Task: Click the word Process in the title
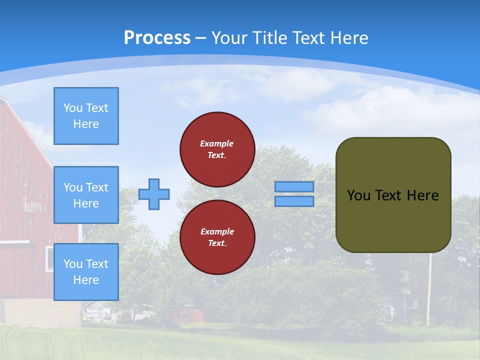(x=157, y=38)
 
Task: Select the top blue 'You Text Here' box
(x=86, y=116)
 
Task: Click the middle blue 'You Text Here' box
(x=86, y=195)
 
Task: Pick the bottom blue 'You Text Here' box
(x=86, y=272)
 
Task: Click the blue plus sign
(x=154, y=194)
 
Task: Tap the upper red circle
(x=217, y=149)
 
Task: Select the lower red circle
(x=217, y=237)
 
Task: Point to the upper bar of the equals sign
(x=294, y=186)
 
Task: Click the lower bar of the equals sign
(x=294, y=201)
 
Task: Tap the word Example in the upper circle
(x=217, y=143)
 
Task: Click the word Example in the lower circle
(x=217, y=231)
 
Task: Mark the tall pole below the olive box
(x=428, y=290)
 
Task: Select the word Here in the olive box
(x=422, y=195)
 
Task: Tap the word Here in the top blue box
(x=86, y=124)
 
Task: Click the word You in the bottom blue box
(x=72, y=264)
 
